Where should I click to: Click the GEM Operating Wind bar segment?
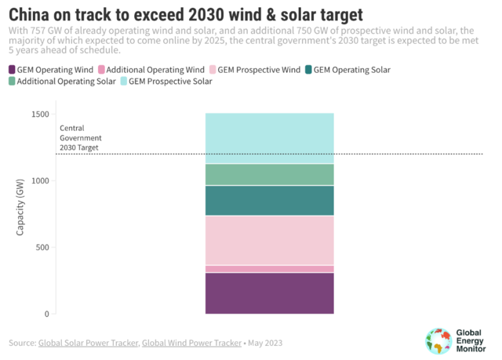[269, 293]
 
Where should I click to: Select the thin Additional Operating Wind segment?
[269, 269]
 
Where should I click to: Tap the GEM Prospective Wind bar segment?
[269, 241]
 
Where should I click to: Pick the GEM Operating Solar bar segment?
[269, 201]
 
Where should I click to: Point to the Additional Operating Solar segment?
[269, 174]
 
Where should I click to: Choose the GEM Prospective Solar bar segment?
[269, 138]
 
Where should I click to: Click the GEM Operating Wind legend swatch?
[13, 70]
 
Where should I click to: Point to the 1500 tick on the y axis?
[40, 115]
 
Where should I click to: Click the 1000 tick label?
[40, 181]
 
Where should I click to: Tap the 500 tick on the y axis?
[42, 248]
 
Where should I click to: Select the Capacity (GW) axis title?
[20, 208]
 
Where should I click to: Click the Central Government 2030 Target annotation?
[80, 136]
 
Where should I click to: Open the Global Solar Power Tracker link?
[89, 343]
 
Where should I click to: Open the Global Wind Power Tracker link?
[191, 343]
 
